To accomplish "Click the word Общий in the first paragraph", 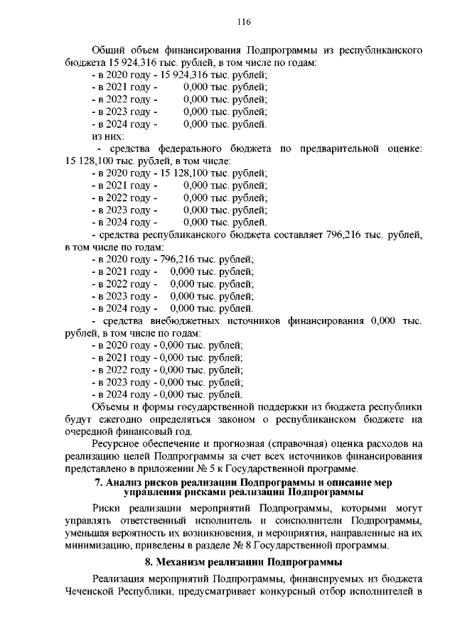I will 109,50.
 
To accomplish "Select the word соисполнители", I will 307,521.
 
